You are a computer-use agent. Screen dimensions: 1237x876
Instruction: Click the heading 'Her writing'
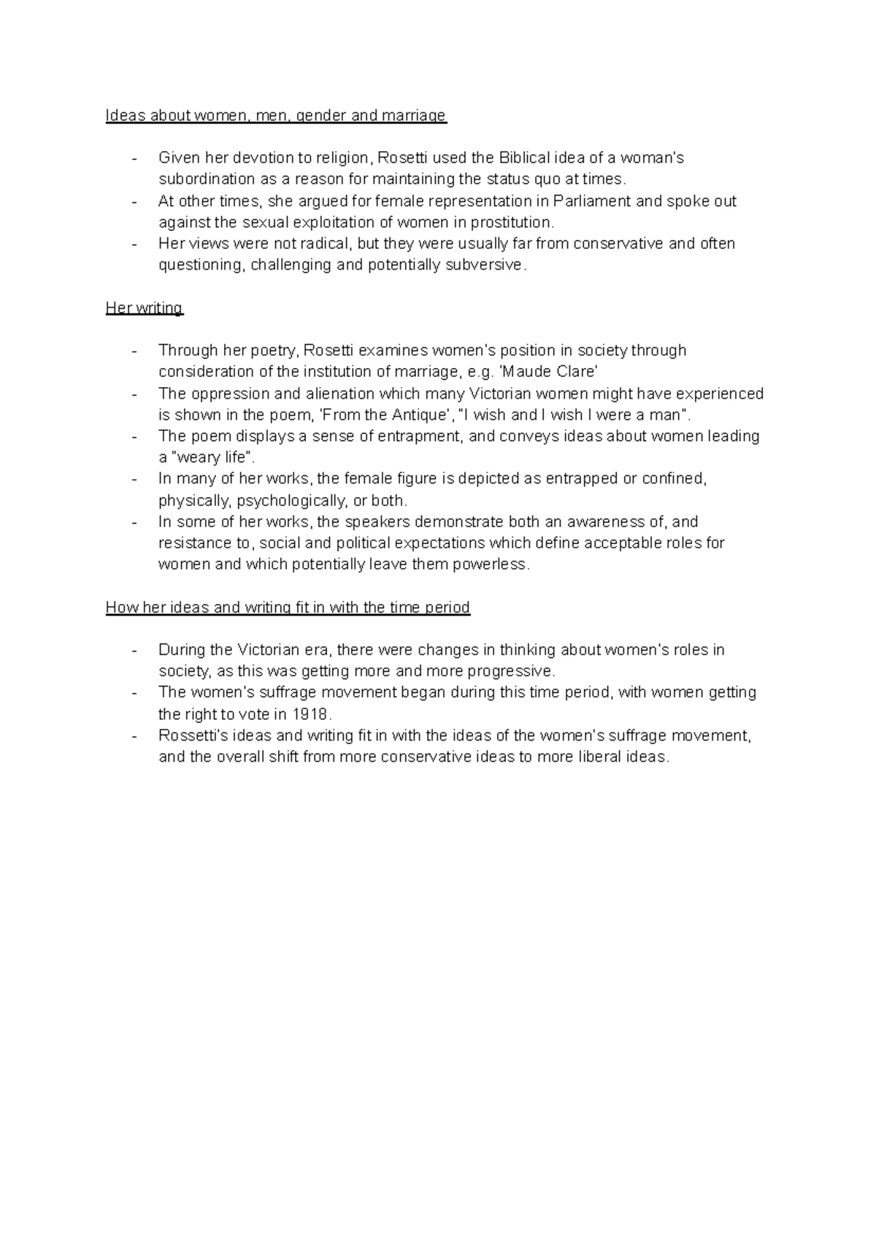144,307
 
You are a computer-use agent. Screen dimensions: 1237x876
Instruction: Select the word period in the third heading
447,608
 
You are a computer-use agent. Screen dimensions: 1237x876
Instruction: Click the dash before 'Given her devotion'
134,158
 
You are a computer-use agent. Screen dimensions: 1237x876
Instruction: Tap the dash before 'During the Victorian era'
134,651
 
